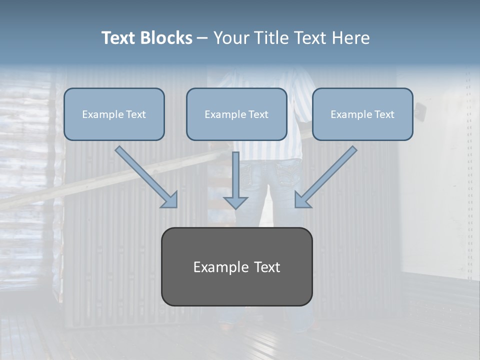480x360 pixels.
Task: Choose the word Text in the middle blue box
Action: click(x=258, y=114)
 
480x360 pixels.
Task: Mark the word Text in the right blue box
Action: click(x=384, y=114)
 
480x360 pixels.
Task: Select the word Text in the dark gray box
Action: click(x=266, y=267)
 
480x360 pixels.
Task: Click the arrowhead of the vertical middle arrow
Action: click(x=235, y=202)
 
